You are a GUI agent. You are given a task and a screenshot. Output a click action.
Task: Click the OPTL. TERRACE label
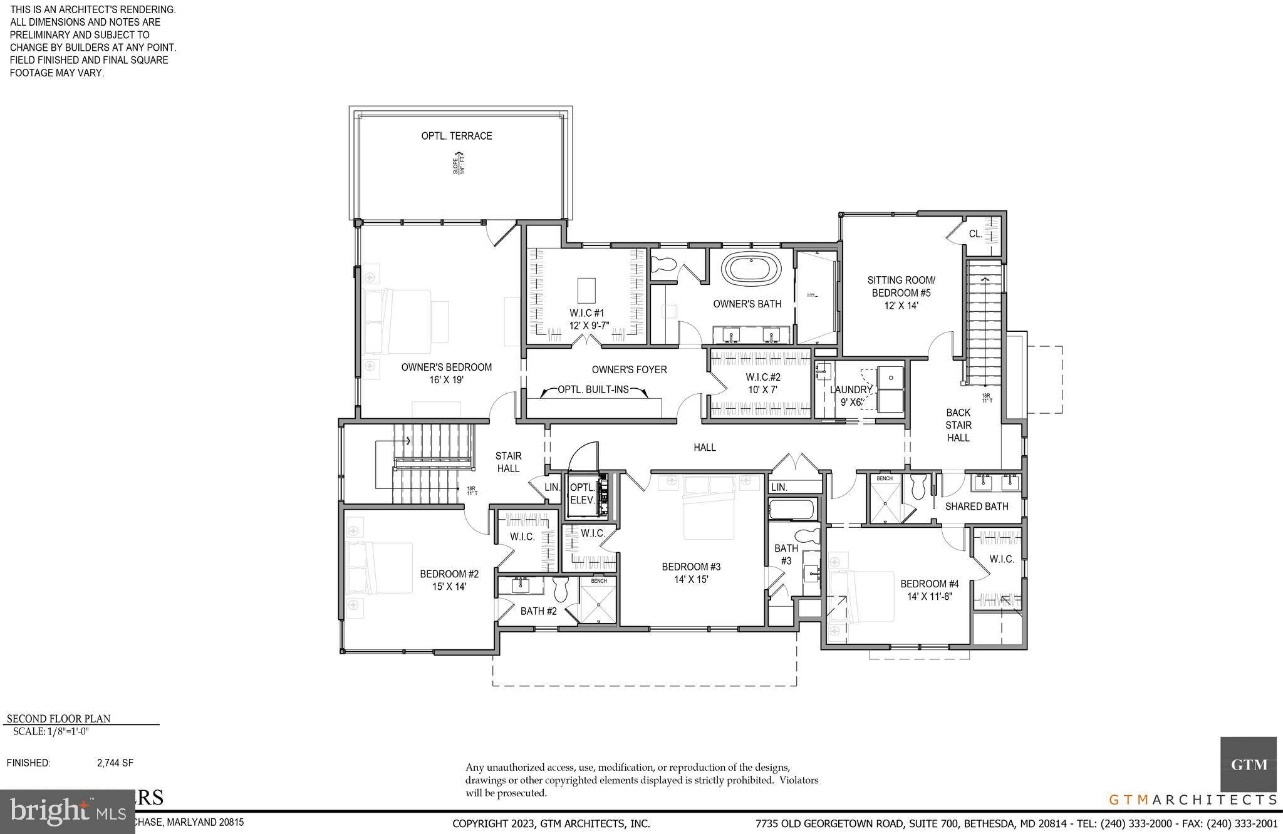coord(456,136)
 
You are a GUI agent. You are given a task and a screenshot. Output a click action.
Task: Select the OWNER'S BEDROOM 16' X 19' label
coord(446,373)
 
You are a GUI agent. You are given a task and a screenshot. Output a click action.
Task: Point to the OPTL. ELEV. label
coord(581,493)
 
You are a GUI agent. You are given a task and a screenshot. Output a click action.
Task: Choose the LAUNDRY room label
coord(850,389)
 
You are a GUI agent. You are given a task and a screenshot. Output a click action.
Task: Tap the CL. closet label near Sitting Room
coord(975,234)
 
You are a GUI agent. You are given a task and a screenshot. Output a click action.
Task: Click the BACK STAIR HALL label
coord(958,425)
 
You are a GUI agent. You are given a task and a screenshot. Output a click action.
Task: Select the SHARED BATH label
coord(976,506)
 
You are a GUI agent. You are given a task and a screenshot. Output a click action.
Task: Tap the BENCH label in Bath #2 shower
coord(598,581)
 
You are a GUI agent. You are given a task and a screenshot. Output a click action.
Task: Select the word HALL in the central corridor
coord(704,447)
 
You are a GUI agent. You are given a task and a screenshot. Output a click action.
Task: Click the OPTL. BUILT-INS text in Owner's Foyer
coord(593,389)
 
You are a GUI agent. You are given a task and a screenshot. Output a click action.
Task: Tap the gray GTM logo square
coord(1248,764)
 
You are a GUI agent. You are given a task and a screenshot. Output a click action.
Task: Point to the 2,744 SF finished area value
coord(115,763)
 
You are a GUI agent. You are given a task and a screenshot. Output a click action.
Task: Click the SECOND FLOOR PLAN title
coord(58,719)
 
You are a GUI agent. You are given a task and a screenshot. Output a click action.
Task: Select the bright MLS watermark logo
coord(68,812)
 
